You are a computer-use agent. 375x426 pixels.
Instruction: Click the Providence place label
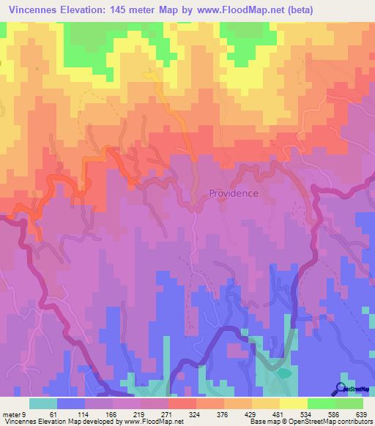point(234,193)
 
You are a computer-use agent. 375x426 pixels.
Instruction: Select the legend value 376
point(224,414)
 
